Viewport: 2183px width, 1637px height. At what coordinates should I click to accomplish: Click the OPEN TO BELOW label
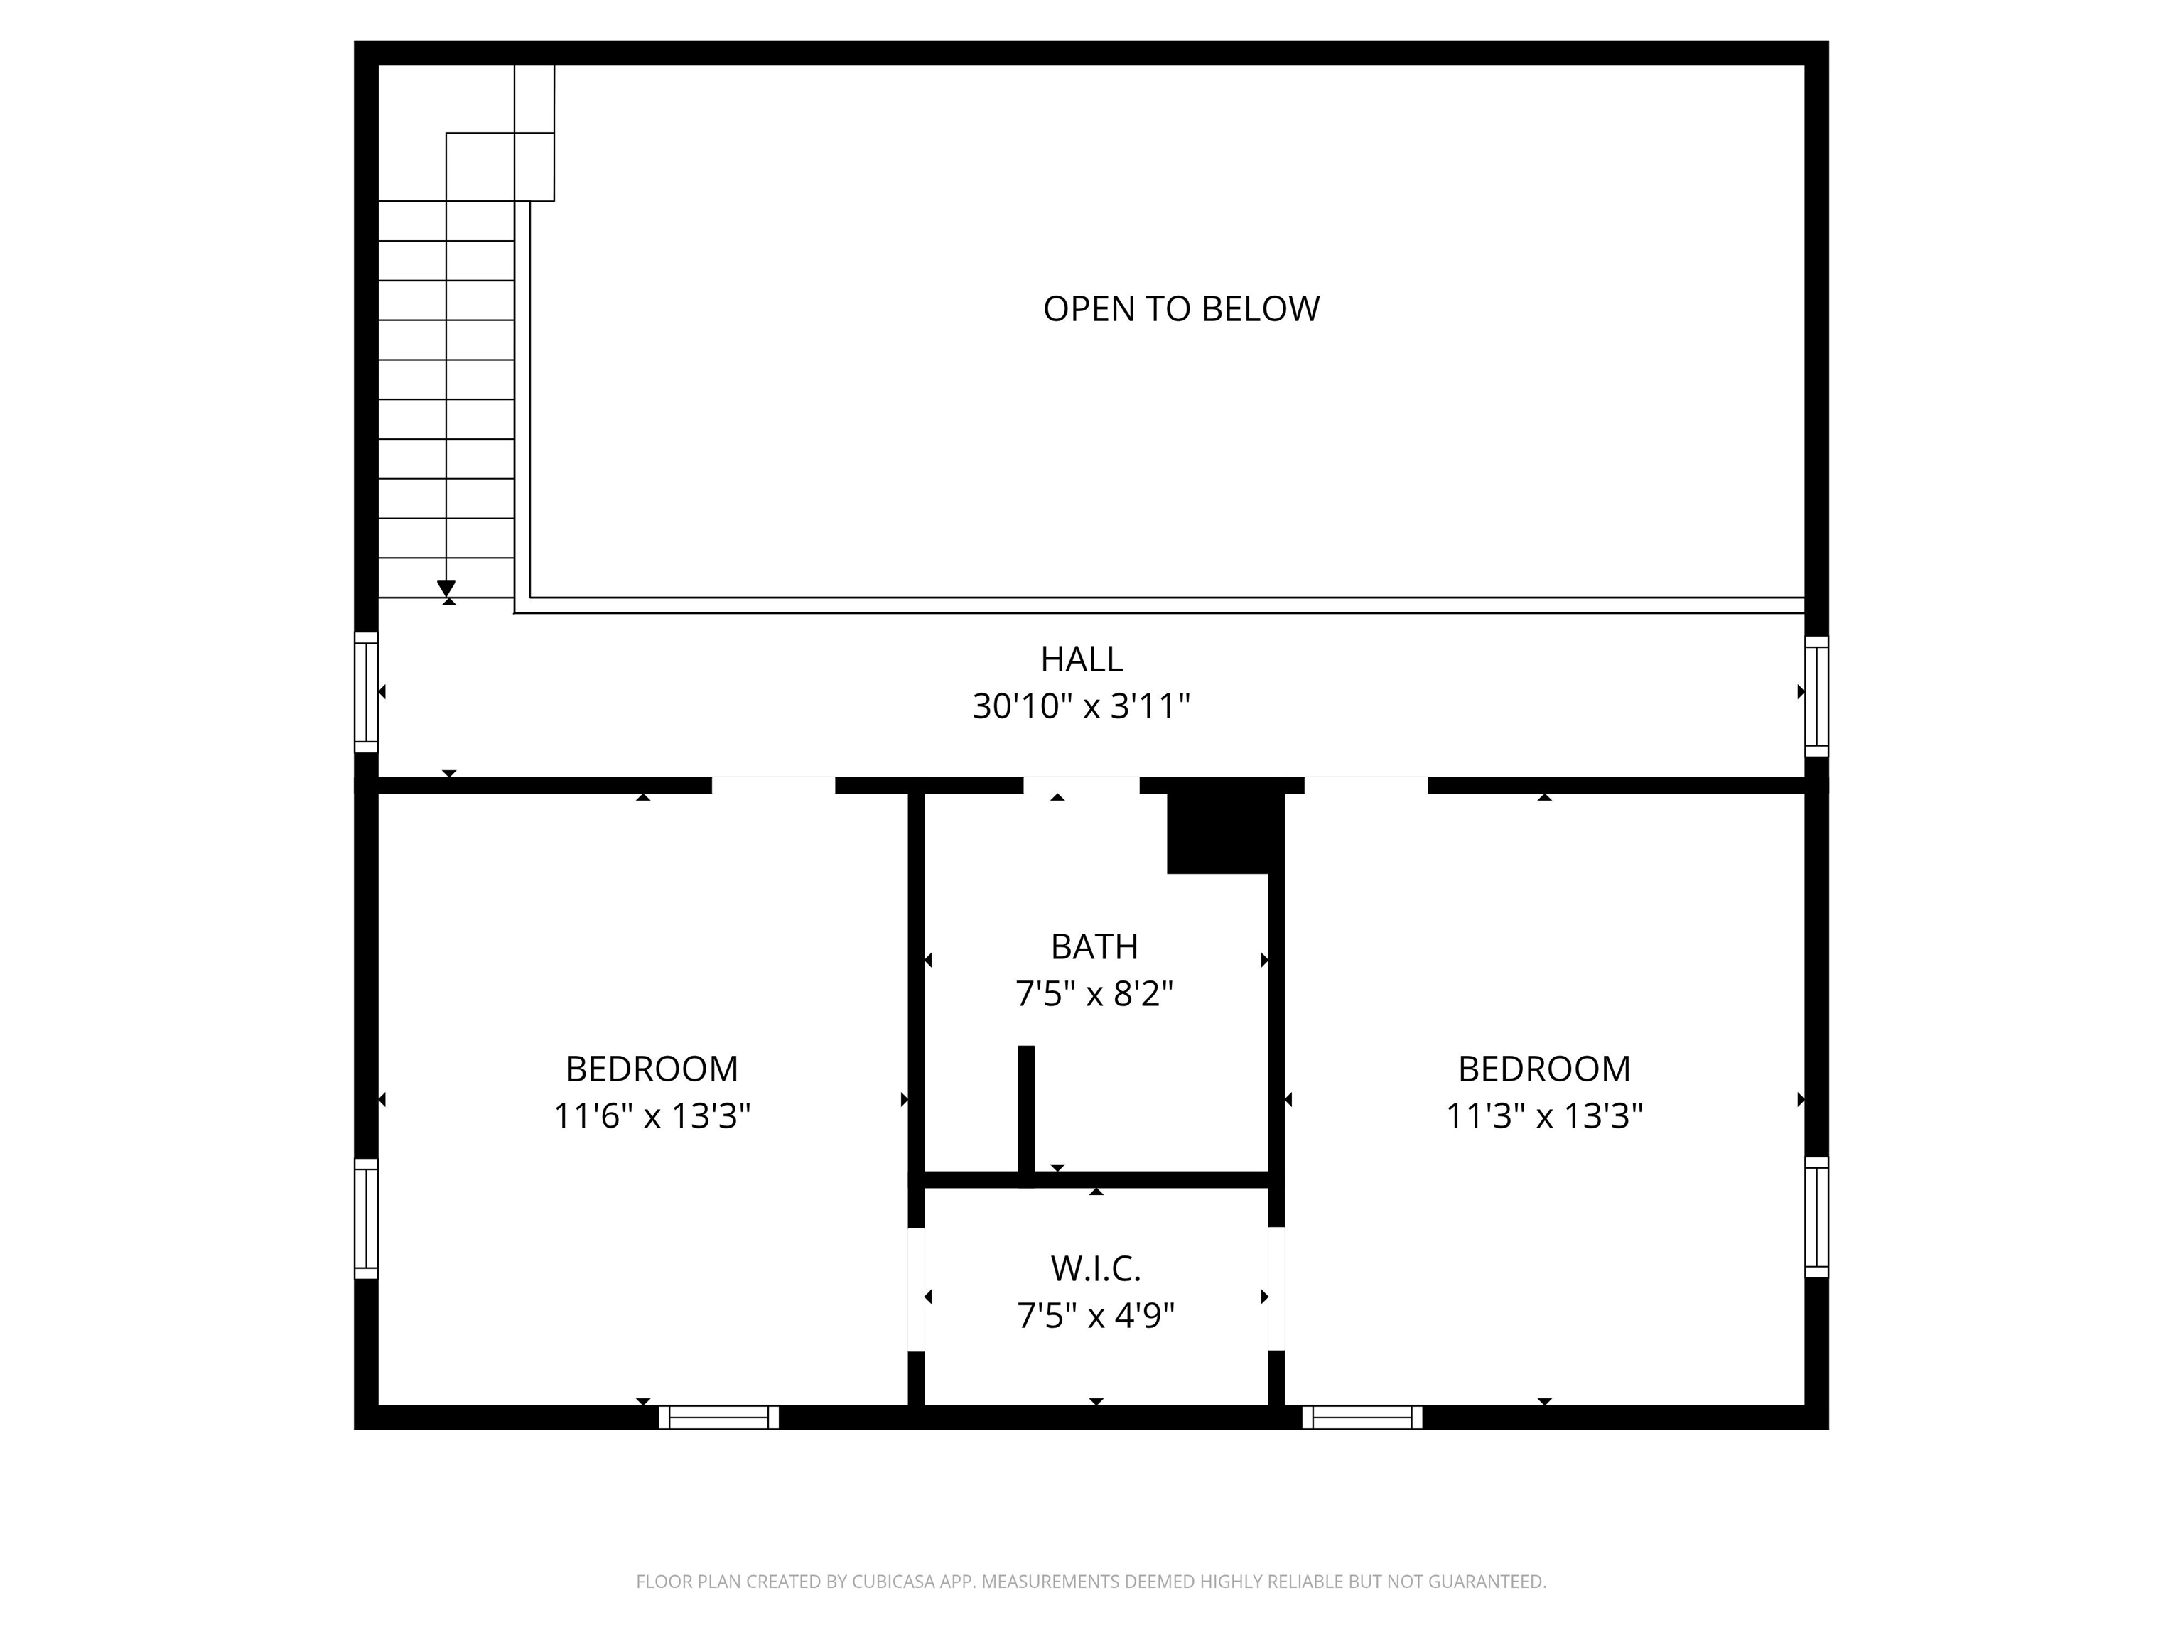1180,309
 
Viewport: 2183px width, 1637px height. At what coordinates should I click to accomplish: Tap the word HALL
1082,659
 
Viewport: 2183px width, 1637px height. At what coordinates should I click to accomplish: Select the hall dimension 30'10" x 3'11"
1082,706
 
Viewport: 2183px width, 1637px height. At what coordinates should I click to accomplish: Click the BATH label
1094,946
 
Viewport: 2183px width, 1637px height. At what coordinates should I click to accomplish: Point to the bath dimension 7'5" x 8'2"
1094,994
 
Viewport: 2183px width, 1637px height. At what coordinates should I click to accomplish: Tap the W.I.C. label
1096,1269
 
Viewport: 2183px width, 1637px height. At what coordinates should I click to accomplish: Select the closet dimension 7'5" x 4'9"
1096,1315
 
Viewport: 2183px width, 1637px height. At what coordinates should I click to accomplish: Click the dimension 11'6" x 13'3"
652,1116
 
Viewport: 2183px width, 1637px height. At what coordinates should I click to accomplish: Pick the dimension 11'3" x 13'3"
1544,1116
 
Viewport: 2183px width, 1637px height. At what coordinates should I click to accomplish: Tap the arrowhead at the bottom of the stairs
446,589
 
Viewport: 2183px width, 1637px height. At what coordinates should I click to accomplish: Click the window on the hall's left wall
366,692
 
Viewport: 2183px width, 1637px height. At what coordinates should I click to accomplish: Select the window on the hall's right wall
1817,696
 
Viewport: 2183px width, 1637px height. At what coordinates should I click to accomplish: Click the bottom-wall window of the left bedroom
718,1417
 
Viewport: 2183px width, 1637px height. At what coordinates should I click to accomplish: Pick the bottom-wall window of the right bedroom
1362,1417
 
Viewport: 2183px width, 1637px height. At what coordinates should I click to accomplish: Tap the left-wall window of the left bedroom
366,1219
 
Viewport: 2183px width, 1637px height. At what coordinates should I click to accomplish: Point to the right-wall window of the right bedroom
1817,1218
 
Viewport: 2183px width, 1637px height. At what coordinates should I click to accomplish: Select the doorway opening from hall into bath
1082,785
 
